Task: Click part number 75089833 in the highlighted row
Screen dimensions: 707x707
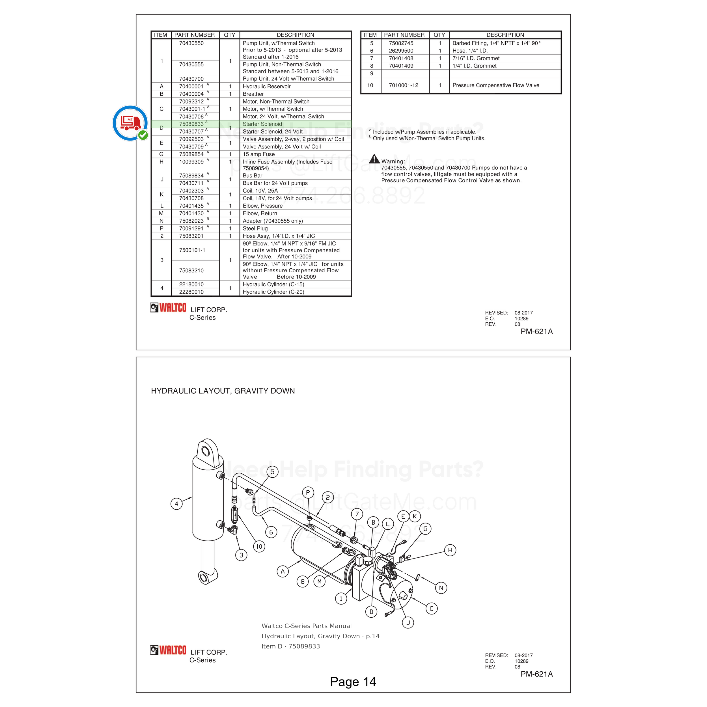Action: pos(191,124)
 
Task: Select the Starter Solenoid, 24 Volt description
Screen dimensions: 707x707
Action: pos(273,132)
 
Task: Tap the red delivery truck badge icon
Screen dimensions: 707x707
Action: pos(130,123)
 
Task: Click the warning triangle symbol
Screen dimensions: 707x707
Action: pos(374,159)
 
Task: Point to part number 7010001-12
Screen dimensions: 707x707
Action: pos(403,85)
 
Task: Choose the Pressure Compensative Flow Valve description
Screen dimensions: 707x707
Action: pos(496,85)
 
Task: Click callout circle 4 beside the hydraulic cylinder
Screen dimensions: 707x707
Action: pos(176,504)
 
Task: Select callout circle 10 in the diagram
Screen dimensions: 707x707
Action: pos(259,547)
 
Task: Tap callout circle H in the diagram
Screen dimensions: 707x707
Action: pos(450,550)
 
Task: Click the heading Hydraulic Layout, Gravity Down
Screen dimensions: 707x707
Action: pos(223,391)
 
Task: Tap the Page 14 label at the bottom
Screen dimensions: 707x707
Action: pos(353,682)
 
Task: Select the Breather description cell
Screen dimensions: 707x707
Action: pos(253,94)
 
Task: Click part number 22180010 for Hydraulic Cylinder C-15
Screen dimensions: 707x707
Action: pos(191,284)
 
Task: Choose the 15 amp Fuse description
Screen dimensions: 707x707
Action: pos(259,154)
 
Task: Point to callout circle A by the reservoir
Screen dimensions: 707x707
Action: pos(283,571)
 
